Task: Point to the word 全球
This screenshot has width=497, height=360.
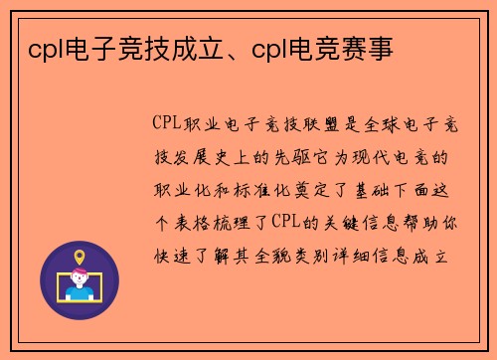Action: point(382,124)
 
